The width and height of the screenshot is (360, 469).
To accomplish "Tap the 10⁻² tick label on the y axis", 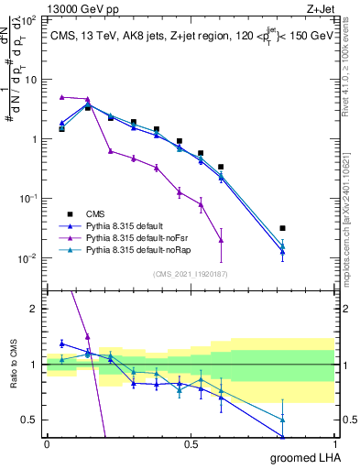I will click(28, 258).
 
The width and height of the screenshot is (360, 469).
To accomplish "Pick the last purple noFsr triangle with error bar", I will click(221, 240).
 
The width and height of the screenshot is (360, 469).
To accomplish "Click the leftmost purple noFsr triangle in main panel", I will click(61, 97).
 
